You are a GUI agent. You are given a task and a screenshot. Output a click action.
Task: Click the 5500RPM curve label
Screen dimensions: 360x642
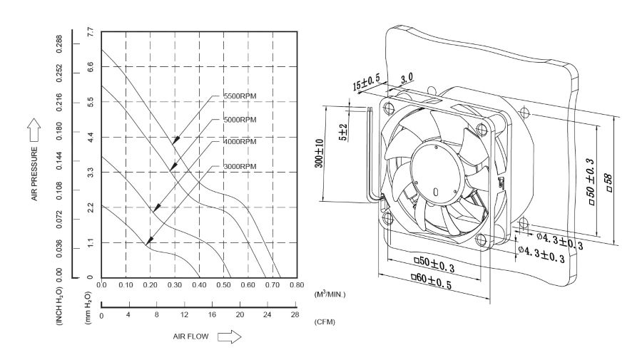click(x=240, y=96)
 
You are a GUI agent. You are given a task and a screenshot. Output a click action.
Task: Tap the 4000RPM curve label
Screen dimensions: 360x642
click(x=240, y=142)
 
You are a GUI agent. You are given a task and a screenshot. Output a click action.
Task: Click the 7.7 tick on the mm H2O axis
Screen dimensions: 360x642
click(x=90, y=32)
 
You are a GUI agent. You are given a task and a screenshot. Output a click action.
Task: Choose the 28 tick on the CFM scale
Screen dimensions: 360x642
click(x=295, y=314)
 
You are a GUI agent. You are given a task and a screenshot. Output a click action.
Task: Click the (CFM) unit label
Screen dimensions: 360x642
click(x=325, y=322)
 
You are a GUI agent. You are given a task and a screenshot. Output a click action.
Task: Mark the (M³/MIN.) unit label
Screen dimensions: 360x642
click(x=330, y=293)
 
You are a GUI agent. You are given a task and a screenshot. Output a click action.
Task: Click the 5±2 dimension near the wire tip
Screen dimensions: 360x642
click(x=342, y=130)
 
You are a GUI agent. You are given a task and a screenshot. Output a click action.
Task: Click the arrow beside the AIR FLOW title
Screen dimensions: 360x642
click(x=230, y=336)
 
